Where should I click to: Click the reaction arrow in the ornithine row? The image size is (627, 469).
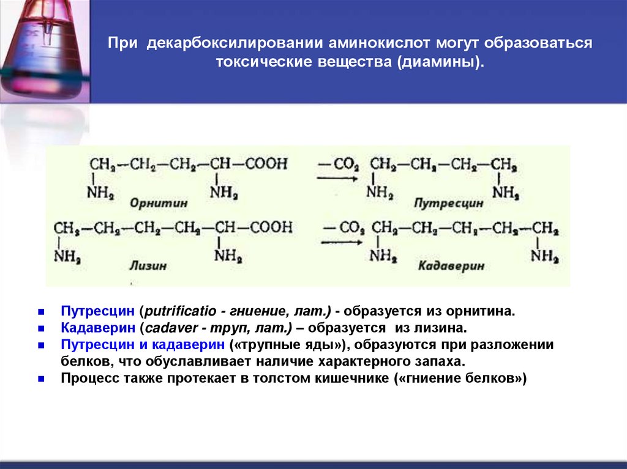pos(337,178)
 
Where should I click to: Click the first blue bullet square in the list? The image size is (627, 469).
pos(40,311)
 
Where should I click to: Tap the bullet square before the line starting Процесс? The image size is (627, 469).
pos(40,379)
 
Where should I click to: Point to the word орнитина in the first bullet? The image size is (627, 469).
pos(486,311)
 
